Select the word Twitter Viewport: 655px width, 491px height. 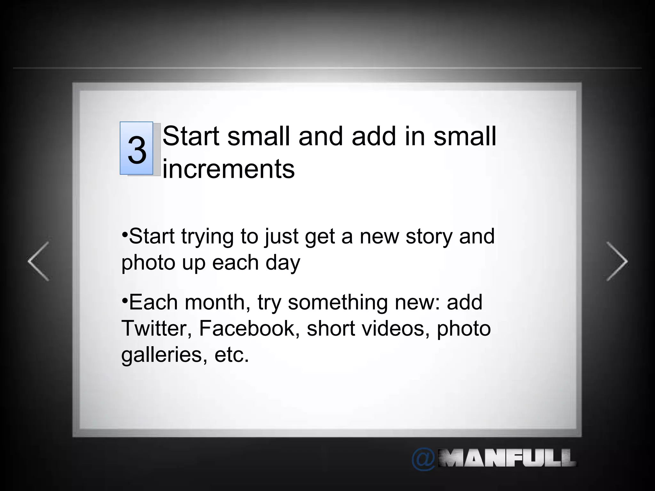tap(156, 328)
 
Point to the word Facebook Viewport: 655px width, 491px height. tap(247, 328)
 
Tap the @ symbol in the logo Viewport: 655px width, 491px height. tap(423, 459)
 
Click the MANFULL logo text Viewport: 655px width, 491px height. tap(507, 458)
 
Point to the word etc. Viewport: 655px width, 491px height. tap(232, 355)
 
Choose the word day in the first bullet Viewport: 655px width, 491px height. tap(283, 263)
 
